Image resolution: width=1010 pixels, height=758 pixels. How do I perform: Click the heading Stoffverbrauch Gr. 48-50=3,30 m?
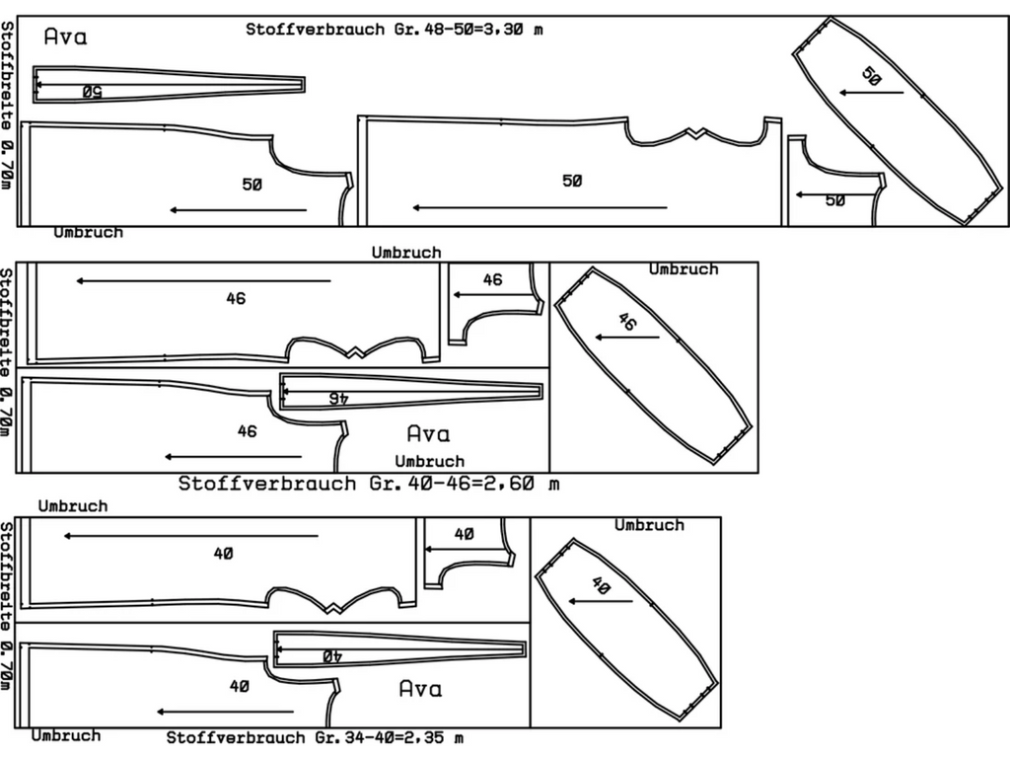point(395,29)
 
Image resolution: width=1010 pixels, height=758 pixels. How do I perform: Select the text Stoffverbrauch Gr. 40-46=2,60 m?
point(369,484)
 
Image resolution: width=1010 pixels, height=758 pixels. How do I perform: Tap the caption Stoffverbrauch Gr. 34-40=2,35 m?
point(315,737)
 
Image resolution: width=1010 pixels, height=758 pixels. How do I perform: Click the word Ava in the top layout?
point(66,38)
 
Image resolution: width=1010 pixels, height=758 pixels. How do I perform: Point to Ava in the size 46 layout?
point(428,433)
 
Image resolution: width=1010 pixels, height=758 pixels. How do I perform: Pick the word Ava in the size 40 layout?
point(420,688)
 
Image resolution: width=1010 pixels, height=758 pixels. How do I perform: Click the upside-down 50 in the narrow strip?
point(92,92)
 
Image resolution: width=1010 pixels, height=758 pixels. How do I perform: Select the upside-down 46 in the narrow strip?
point(338,397)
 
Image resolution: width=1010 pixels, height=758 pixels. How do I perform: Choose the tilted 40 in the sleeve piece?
point(600,584)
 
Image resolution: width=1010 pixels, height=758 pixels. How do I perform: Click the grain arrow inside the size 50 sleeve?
point(872,93)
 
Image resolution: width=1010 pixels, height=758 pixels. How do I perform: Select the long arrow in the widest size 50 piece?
point(540,207)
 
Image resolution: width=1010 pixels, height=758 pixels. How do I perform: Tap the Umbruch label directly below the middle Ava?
point(429,461)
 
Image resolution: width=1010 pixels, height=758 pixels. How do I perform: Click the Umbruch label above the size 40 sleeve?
point(649,524)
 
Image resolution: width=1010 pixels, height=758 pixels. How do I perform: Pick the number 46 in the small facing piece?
point(492,279)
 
